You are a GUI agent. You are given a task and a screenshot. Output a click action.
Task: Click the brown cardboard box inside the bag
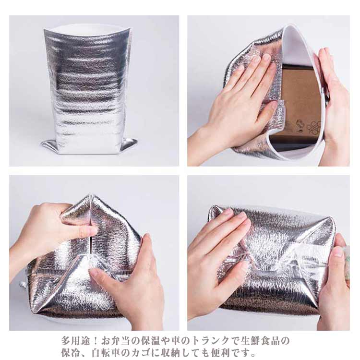coord(301,103)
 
